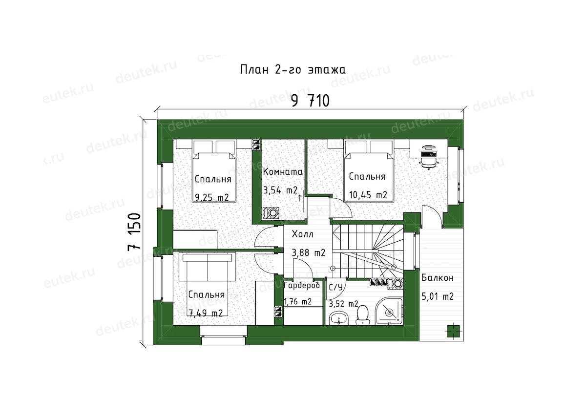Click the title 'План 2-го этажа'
click(293, 70)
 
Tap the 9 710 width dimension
click(310, 101)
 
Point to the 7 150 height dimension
click(134, 232)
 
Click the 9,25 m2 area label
click(212, 197)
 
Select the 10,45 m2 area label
click(368, 195)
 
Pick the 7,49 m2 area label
click(206, 313)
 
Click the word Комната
click(283, 172)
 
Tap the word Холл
click(302, 234)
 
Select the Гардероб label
click(302, 285)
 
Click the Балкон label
click(438, 278)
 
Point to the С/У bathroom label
click(335, 288)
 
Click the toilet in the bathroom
click(362, 316)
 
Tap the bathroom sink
click(339, 318)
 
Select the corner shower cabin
click(389, 311)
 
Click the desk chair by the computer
click(429, 163)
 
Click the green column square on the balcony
click(453, 331)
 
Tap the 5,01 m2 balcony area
click(438, 296)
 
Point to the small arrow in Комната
click(299, 198)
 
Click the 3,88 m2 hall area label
click(309, 252)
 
